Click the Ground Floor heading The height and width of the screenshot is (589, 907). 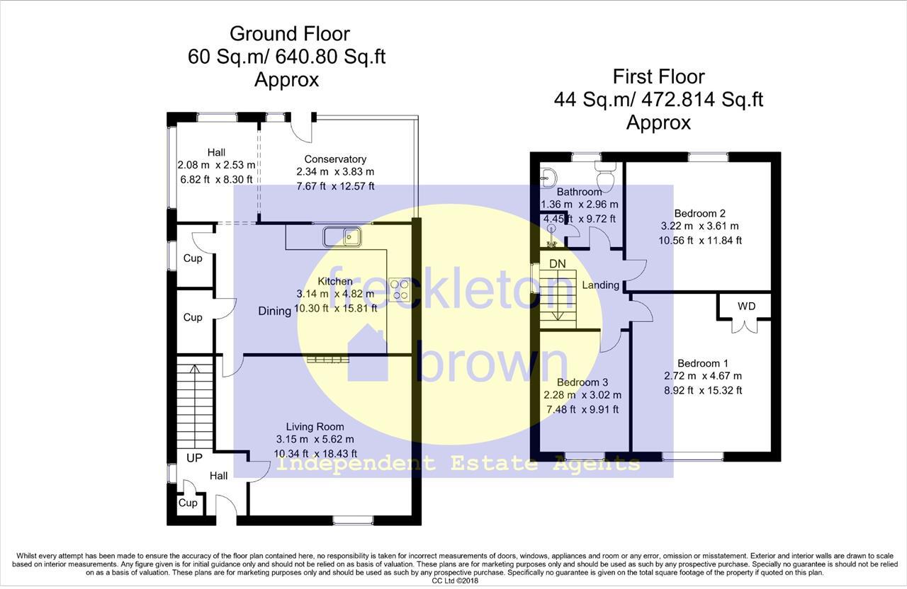289,33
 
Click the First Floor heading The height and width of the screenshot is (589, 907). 658,76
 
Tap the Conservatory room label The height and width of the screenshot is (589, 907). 335,159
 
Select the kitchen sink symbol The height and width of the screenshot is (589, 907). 343,236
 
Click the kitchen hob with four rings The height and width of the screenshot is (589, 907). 399,290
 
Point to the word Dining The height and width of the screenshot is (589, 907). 274,311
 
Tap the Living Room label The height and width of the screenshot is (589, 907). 315,426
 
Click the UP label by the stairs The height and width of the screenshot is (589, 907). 194,458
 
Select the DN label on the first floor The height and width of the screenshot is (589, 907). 558,263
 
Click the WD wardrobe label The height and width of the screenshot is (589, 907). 746,307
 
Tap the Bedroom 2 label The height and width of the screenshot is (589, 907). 699,213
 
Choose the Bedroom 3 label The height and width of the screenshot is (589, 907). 582,382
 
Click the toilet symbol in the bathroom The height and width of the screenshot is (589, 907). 606,168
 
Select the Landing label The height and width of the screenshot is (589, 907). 601,285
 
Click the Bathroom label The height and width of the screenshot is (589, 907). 579,192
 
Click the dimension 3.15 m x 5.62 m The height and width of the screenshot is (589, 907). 315,440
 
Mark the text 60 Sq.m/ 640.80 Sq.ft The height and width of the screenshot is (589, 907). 286,57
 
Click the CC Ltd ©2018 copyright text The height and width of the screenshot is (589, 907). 453,581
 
